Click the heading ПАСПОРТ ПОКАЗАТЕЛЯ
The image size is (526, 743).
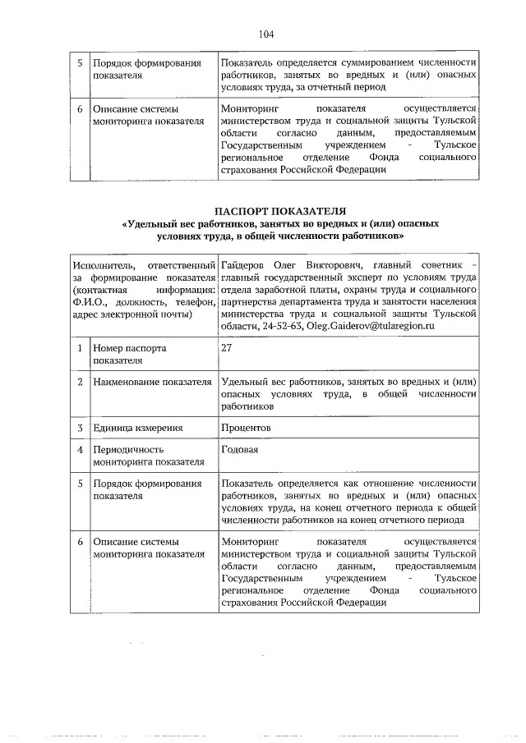tap(279, 210)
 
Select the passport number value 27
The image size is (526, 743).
tap(227, 348)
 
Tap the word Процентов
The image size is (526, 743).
tap(246, 428)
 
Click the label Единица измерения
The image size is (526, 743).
tap(137, 428)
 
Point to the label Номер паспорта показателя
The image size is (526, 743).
tap(130, 354)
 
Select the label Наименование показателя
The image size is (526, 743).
tap(147, 382)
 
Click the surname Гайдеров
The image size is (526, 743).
tap(246, 267)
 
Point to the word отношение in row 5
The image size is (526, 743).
tap(383, 483)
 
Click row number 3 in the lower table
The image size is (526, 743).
tap(80, 428)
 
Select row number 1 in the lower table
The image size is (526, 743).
tap(80, 348)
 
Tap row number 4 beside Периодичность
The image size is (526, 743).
tap(80, 450)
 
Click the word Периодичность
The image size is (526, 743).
tap(129, 450)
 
